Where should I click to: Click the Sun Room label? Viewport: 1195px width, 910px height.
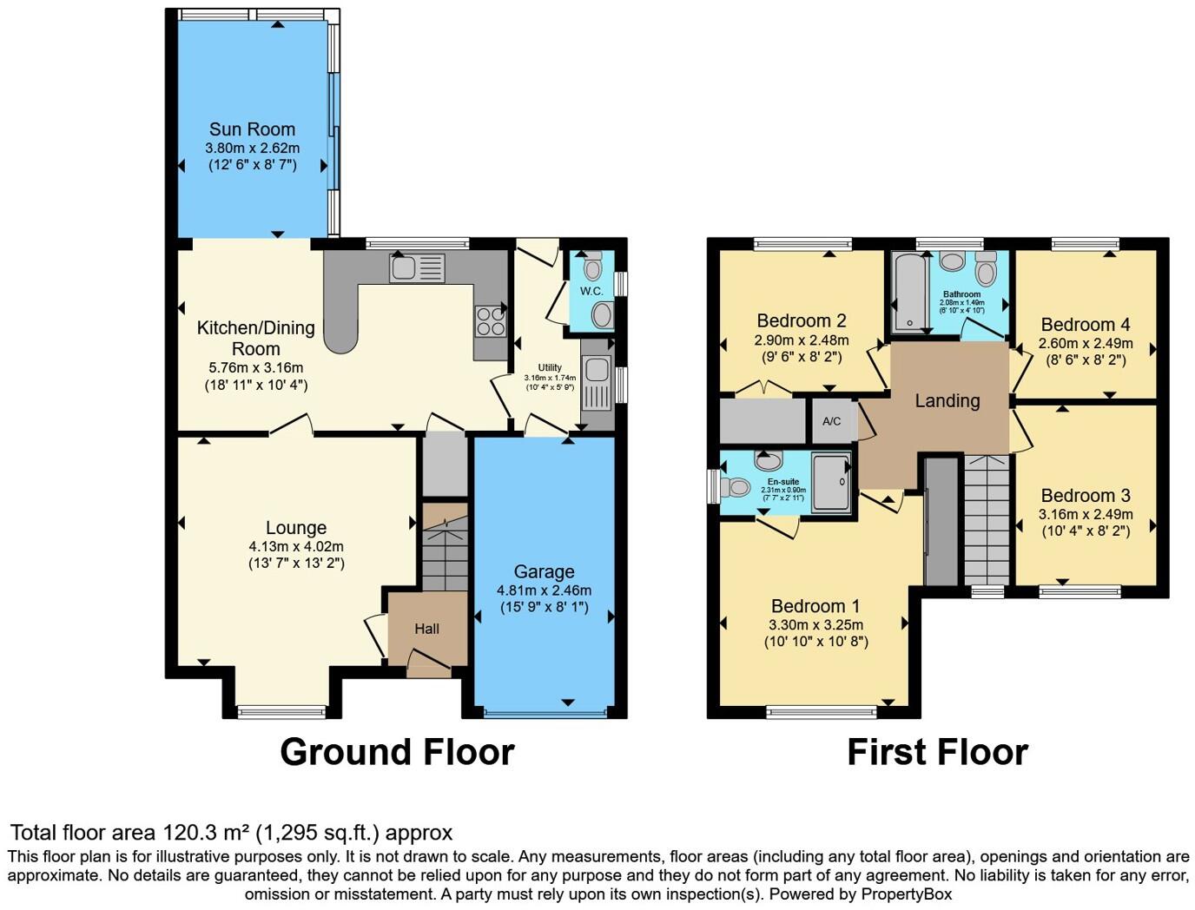pyautogui.click(x=252, y=129)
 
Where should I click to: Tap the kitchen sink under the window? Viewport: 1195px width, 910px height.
pyautogui.click(x=417, y=268)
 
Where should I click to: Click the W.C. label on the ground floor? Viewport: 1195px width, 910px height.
pyautogui.click(x=591, y=291)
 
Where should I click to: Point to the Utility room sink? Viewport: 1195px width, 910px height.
pyautogui.click(x=597, y=371)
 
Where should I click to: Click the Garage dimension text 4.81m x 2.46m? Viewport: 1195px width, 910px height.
pyautogui.click(x=544, y=590)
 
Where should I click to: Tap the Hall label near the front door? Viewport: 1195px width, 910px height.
pyautogui.click(x=426, y=629)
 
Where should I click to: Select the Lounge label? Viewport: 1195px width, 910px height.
pyautogui.click(x=296, y=528)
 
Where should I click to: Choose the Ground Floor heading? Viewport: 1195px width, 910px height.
pyautogui.click(x=397, y=752)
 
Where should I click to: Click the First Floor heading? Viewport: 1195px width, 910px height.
pyautogui.click(x=937, y=752)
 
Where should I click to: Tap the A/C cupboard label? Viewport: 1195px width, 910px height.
pyautogui.click(x=831, y=421)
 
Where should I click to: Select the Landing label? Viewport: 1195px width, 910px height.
pyautogui.click(x=947, y=401)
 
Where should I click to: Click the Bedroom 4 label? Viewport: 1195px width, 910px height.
pyautogui.click(x=1086, y=325)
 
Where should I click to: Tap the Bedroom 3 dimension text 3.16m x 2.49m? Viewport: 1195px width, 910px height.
pyautogui.click(x=1086, y=514)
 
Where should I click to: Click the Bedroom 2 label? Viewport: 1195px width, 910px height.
pyautogui.click(x=801, y=321)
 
